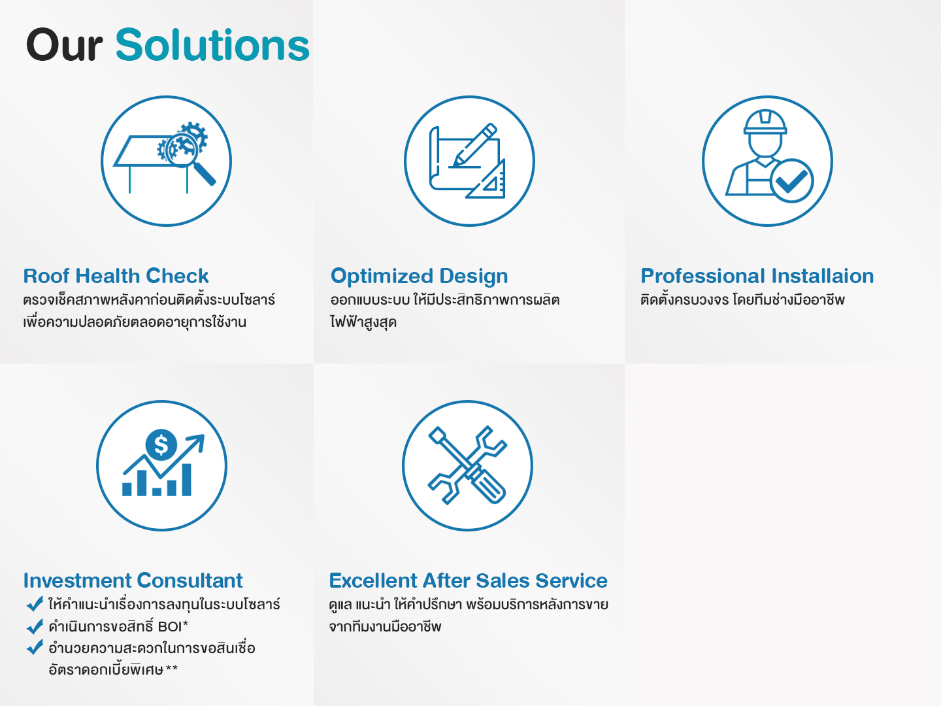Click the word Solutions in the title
(x=212, y=44)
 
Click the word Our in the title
(x=64, y=45)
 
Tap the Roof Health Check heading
(x=116, y=276)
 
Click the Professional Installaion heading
(x=757, y=276)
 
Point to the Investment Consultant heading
(x=133, y=580)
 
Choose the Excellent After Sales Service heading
(x=468, y=580)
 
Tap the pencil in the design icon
(x=474, y=145)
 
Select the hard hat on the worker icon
(x=765, y=122)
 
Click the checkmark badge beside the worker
(x=791, y=180)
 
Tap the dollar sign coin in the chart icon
(x=161, y=445)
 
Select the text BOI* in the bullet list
(x=173, y=626)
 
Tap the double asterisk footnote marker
(x=171, y=668)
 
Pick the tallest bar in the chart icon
(x=186, y=480)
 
